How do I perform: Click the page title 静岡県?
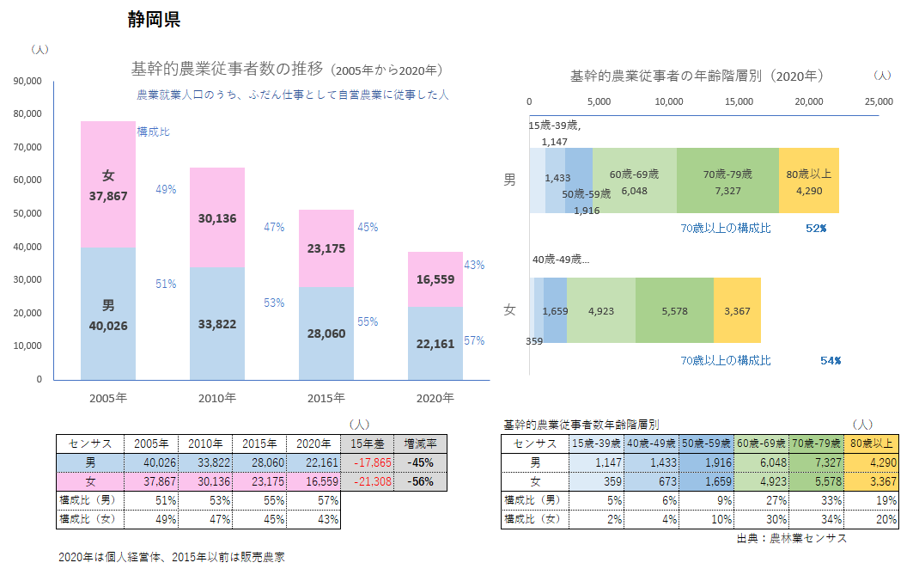[x=154, y=20]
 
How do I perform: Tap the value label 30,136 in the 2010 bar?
[x=217, y=218]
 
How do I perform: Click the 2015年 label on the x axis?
[x=326, y=398]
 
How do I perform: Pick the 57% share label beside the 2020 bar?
[x=473, y=340]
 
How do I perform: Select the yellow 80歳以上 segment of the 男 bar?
[x=808, y=180]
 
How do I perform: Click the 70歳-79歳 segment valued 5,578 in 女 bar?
[x=674, y=310]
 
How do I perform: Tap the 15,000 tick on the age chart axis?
[x=739, y=101]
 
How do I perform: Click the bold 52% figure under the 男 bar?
[x=816, y=229]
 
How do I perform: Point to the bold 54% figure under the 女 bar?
[x=830, y=360]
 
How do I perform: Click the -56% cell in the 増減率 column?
[x=421, y=481]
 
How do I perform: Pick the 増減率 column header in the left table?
[x=421, y=443]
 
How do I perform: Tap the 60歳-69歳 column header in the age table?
[x=761, y=443]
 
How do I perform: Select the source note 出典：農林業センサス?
[x=791, y=538]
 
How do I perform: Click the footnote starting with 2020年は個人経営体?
[x=171, y=557]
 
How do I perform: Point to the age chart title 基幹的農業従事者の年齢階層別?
[x=697, y=76]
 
